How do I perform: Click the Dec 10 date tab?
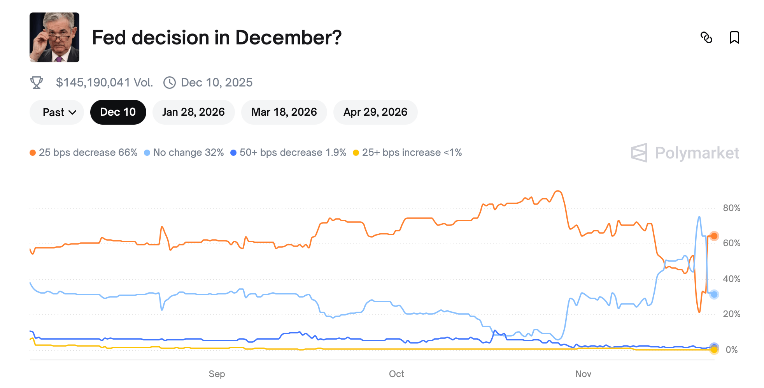(x=118, y=112)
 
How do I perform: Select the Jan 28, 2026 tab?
(x=193, y=112)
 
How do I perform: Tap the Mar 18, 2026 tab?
(x=284, y=112)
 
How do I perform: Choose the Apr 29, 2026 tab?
(x=375, y=112)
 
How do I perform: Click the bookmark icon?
(x=734, y=37)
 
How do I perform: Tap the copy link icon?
(x=706, y=37)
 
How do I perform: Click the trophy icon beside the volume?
(x=37, y=83)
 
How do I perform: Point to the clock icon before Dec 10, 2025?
(x=170, y=83)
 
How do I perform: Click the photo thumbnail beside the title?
(x=54, y=37)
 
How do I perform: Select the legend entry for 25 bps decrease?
(x=84, y=153)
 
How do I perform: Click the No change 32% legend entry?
(x=184, y=153)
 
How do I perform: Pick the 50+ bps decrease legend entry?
(x=288, y=153)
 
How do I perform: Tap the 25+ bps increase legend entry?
(x=407, y=153)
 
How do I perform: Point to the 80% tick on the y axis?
(x=731, y=208)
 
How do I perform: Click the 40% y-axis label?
(x=731, y=279)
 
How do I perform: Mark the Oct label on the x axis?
(x=396, y=374)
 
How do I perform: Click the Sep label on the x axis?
(x=217, y=374)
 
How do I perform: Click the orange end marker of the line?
(x=714, y=236)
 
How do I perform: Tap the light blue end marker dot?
(x=714, y=295)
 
